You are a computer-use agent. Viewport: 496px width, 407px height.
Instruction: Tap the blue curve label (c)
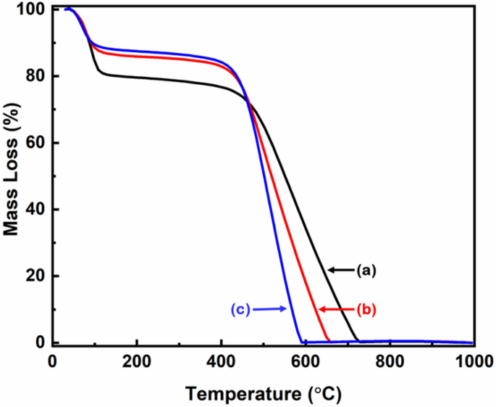pyautogui.click(x=240, y=310)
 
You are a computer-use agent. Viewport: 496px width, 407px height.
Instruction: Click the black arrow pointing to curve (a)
pyautogui.click(x=340, y=270)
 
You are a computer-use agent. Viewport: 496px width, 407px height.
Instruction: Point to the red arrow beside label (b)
pyautogui.click(x=336, y=310)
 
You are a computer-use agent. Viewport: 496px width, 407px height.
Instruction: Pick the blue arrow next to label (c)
pyautogui.click(x=271, y=310)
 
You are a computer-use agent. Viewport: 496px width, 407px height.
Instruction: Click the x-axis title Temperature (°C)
pyautogui.click(x=261, y=393)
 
